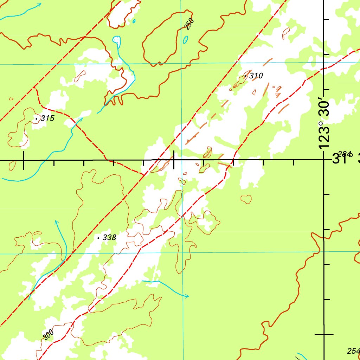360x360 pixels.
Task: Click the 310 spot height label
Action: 256,76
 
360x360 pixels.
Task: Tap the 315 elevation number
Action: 47,118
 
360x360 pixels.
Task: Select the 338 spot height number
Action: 109,238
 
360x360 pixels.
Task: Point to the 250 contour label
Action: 189,24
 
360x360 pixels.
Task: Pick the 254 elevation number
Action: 353,351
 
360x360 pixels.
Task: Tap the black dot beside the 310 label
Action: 245,76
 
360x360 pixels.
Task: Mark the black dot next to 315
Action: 37,119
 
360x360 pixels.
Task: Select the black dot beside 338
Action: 98,238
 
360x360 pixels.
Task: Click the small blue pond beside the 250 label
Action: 185,39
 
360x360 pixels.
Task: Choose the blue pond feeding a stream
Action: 117,40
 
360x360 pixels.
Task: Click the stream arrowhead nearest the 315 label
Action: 80,120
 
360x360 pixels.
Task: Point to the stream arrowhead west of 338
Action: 56,222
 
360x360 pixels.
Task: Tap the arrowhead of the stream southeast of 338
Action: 187,296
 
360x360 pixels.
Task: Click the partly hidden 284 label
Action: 345,154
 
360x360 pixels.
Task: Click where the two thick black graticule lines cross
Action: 324,160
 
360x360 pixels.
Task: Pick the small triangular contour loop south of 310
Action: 207,152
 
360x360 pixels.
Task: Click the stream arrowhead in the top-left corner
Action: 39,5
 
